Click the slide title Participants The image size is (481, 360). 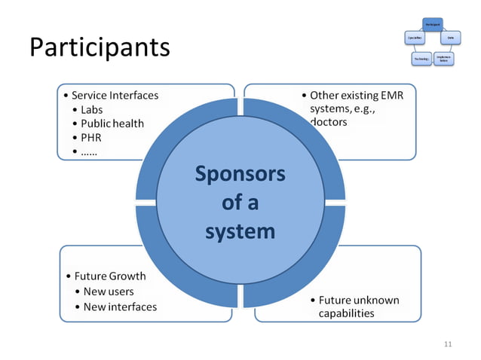click(100, 47)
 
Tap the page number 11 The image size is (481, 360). click(448, 344)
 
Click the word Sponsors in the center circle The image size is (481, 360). click(240, 174)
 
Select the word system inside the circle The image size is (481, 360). click(240, 230)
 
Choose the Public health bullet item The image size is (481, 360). click(112, 124)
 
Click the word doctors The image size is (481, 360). click(329, 122)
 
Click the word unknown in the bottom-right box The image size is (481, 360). click(376, 300)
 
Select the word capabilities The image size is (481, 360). click(346, 313)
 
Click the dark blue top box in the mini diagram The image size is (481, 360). click(431, 24)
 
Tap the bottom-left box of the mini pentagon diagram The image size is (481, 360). click(421, 58)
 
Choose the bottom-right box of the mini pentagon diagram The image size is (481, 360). click(443, 58)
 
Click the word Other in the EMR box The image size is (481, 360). click(325, 96)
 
